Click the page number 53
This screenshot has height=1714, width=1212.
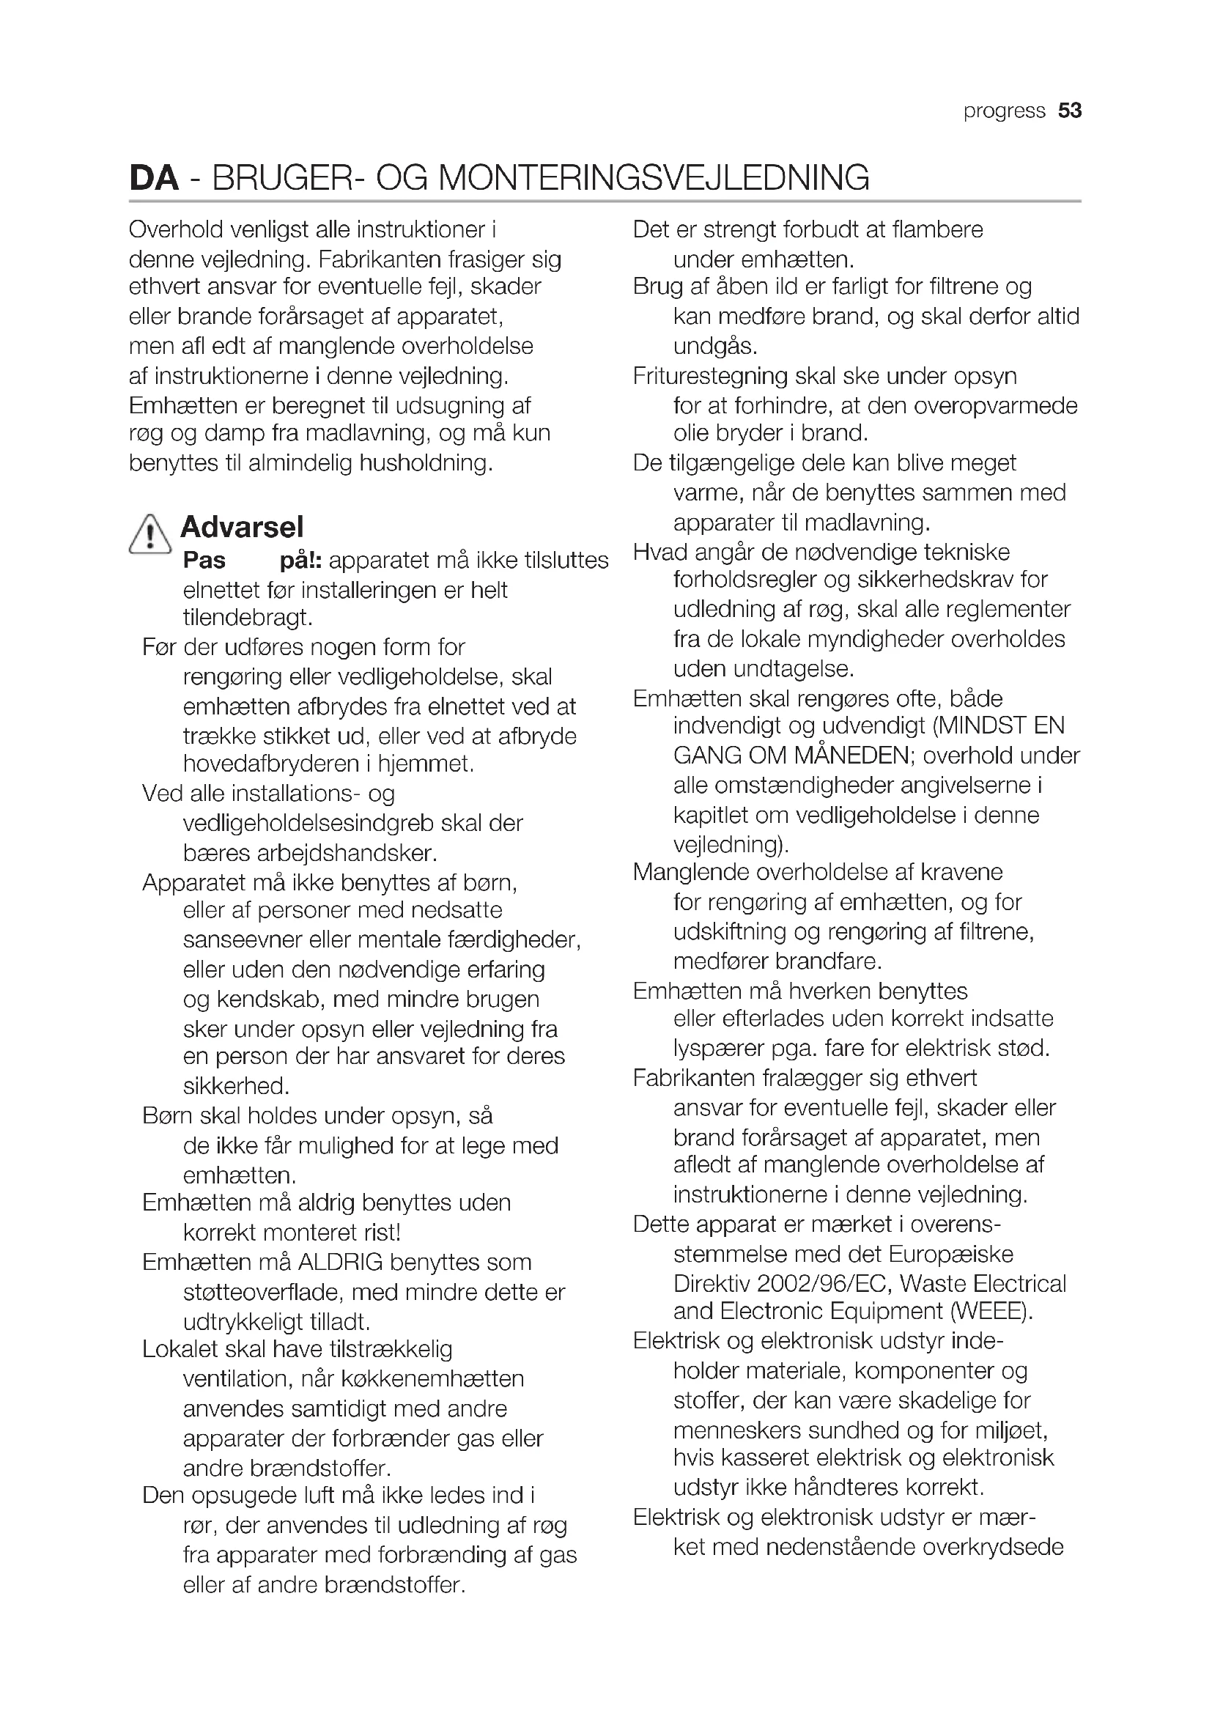[1069, 111]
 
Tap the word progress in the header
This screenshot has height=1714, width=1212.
[1004, 111]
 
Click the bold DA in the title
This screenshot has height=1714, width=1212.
[154, 178]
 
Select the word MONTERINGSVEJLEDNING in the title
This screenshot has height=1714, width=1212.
[654, 178]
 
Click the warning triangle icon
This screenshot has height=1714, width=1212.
[150, 534]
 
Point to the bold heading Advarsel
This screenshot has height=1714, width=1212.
[242, 527]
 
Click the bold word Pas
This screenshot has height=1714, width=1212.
[204, 560]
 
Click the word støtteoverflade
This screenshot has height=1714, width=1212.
[260, 1291]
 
